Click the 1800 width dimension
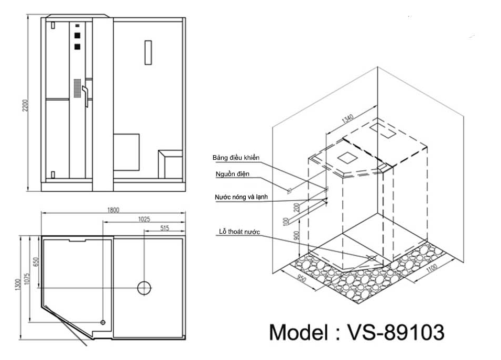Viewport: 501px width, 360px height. coord(113,210)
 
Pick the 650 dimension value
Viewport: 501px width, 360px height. coord(35,262)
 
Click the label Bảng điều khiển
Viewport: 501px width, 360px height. coord(236,157)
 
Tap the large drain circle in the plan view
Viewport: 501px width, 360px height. coord(144,287)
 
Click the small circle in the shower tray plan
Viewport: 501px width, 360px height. coord(103,322)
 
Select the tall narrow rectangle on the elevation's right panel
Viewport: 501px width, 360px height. coord(148,52)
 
